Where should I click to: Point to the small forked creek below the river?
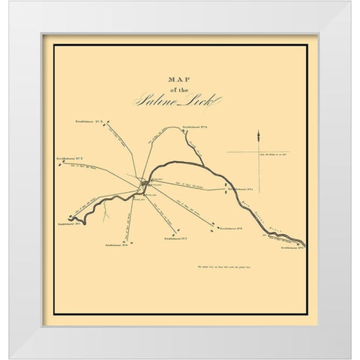pos(106,218)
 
